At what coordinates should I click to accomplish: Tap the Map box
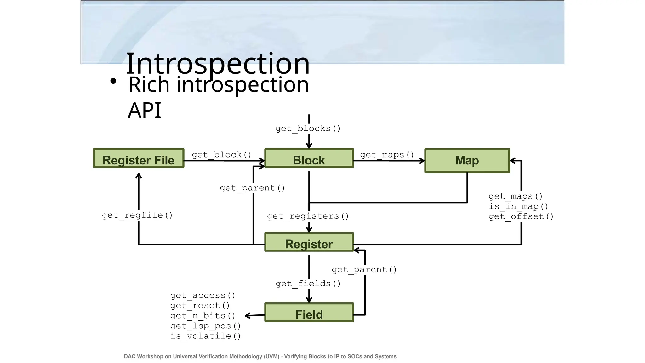click(467, 161)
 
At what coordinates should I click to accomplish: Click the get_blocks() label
click(308, 129)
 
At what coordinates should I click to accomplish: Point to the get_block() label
click(221, 155)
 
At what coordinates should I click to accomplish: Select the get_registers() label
click(308, 216)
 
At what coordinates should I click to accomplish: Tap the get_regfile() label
click(137, 216)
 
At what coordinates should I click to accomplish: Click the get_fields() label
click(308, 284)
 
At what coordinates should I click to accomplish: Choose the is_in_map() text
click(518, 207)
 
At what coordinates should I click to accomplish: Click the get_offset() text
click(521, 217)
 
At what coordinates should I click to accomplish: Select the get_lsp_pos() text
click(205, 326)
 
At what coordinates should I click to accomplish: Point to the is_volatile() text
click(205, 336)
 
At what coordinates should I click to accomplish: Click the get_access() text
click(203, 296)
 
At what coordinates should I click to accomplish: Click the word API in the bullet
click(145, 110)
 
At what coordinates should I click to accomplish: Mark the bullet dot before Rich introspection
click(113, 82)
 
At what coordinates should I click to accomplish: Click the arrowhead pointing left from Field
click(248, 315)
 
